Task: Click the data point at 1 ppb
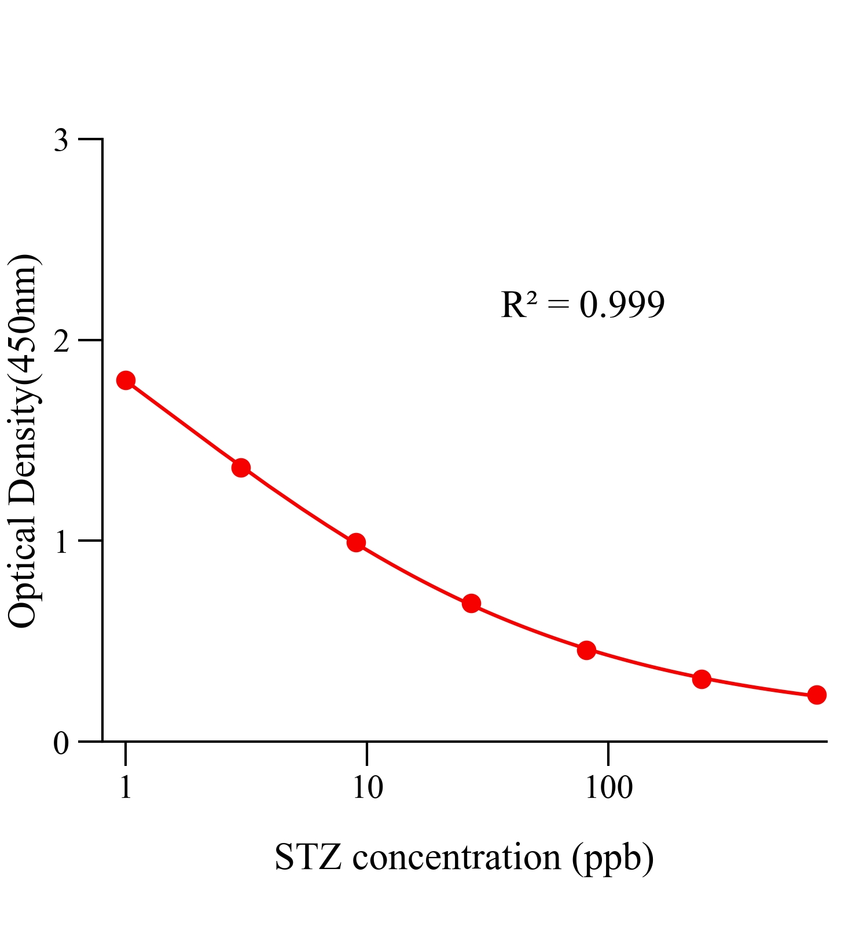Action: [x=126, y=381]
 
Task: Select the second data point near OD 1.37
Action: [x=241, y=468]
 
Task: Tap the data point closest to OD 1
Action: [x=356, y=543]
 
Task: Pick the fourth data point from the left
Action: [x=471, y=604]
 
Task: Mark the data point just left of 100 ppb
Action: [x=586, y=650]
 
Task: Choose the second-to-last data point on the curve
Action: [x=702, y=679]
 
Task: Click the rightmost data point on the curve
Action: [x=817, y=695]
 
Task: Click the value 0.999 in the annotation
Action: [x=622, y=305]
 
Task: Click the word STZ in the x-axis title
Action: [x=307, y=857]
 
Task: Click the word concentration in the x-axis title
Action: [x=457, y=857]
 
